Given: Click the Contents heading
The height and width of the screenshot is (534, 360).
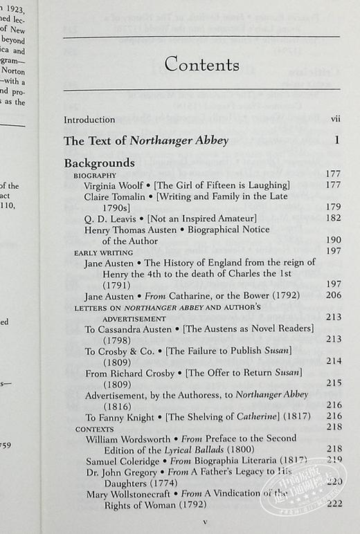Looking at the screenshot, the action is pyautogui.click(x=201, y=66).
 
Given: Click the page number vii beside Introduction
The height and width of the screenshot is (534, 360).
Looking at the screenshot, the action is pyautogui.click(x=335, y=120).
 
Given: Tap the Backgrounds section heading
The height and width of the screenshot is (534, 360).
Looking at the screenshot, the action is pyautogui.click(x=99, y=163).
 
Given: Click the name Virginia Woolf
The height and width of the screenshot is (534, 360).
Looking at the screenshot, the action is pyautogui.click(x=114, y=186).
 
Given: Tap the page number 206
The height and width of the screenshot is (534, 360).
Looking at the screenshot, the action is pyautogui.click(x=333, y=296).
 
